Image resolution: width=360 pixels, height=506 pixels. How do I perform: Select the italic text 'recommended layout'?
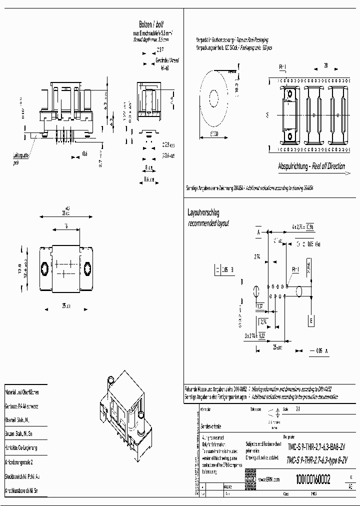[x=208, y=223]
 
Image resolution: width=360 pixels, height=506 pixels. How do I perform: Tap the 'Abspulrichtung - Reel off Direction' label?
[x=311, y=166]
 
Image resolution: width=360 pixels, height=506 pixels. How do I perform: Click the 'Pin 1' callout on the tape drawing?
[x=282, y=66]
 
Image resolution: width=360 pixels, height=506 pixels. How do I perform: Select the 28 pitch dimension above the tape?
[x=325, y=65]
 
